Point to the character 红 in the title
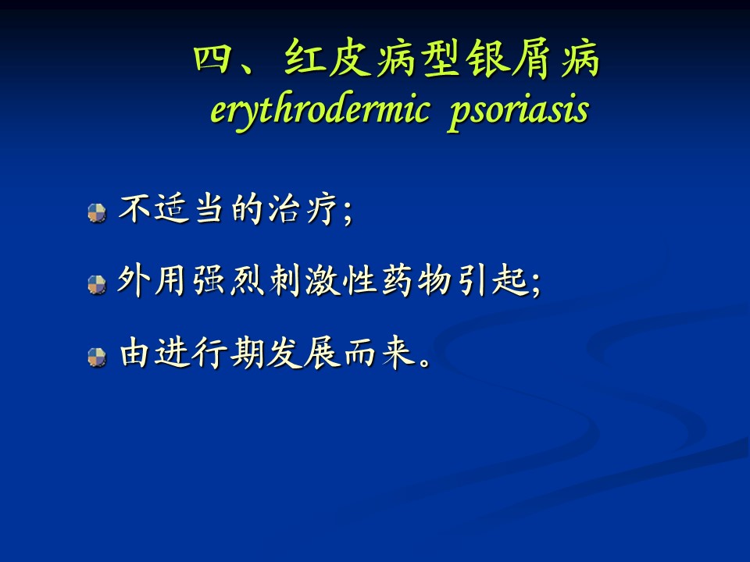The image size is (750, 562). pos(304,58)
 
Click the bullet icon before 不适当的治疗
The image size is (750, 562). pos(97,213)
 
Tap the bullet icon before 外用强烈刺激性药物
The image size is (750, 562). pos(97,285)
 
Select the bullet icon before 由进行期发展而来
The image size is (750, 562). pos(97,357)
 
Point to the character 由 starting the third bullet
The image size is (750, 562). pos(134,353)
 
